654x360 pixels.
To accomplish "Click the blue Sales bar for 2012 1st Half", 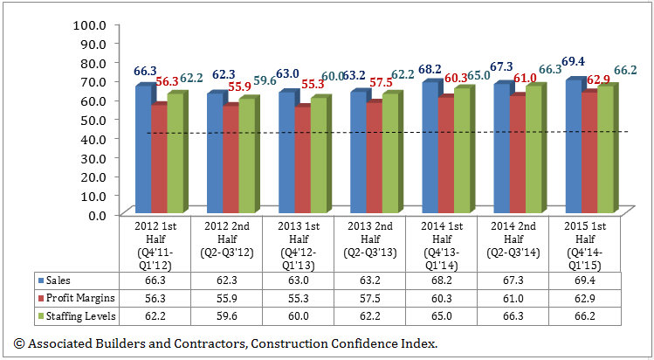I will click(142, 149).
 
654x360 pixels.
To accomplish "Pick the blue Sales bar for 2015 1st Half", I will click(572, 145).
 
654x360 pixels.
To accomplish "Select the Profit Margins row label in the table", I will click(76, 297).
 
